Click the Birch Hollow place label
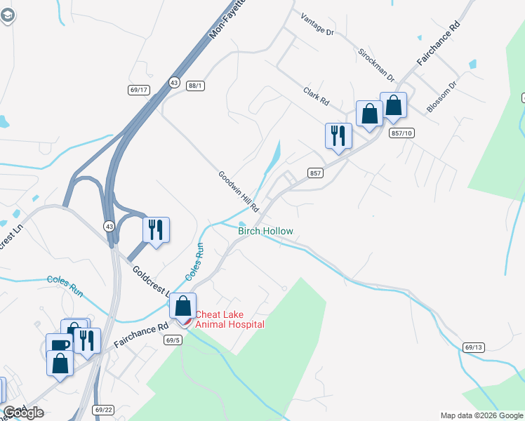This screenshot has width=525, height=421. [265, 231]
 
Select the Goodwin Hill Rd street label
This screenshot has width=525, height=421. [238, 192]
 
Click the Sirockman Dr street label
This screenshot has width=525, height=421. [376, 65]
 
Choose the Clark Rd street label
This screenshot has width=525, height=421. [316, 96]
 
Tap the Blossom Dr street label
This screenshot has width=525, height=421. [442, 97]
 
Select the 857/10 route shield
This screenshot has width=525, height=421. [402, 133]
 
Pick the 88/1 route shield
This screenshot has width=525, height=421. [195, 86]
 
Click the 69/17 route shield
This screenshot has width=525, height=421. [139, 89]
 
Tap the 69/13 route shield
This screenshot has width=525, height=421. [474, 347]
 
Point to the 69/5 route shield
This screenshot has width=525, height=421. [173, 340]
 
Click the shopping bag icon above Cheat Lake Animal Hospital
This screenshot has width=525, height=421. [183, 307]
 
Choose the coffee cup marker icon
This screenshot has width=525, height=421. [59, 345]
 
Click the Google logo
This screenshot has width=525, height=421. [23, 413]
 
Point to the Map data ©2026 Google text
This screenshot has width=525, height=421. [481, 415]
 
